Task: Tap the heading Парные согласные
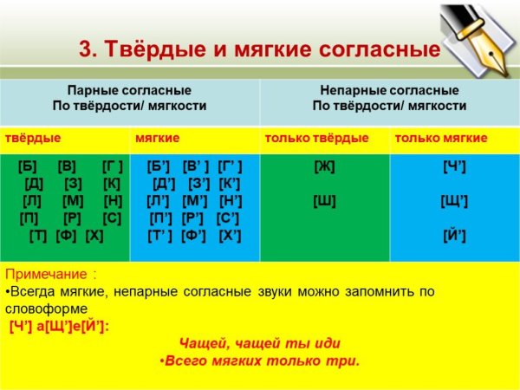[x=129, y=90]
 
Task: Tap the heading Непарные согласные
[x=389, y=90]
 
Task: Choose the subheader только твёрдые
[x=316, y=138]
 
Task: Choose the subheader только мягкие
[x=441, y=138]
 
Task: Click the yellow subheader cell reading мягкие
[x=158, y=138]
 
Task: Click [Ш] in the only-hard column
[x=324, y=201]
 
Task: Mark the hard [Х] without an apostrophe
[x=95, y=236]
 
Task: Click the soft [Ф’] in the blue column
[x=194, y=236]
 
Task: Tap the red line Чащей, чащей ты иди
[x=259, y=343]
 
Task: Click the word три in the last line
[x=345, y=361]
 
